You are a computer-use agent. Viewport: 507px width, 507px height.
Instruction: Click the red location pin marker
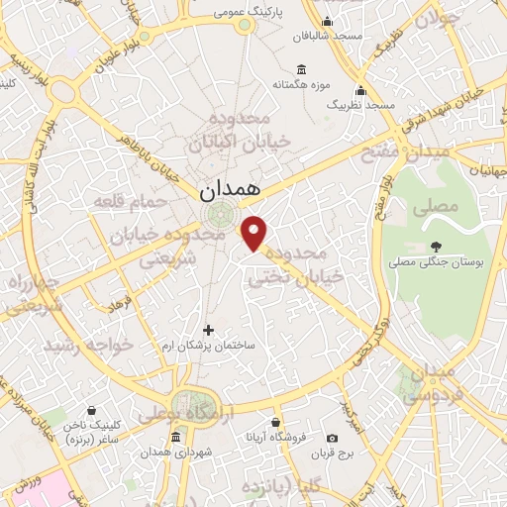[x=255, y=233]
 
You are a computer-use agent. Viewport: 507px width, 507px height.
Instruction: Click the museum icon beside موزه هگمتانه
[x=301, y=69]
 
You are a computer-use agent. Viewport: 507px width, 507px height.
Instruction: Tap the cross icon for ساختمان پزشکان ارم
[x=208, y=330]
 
